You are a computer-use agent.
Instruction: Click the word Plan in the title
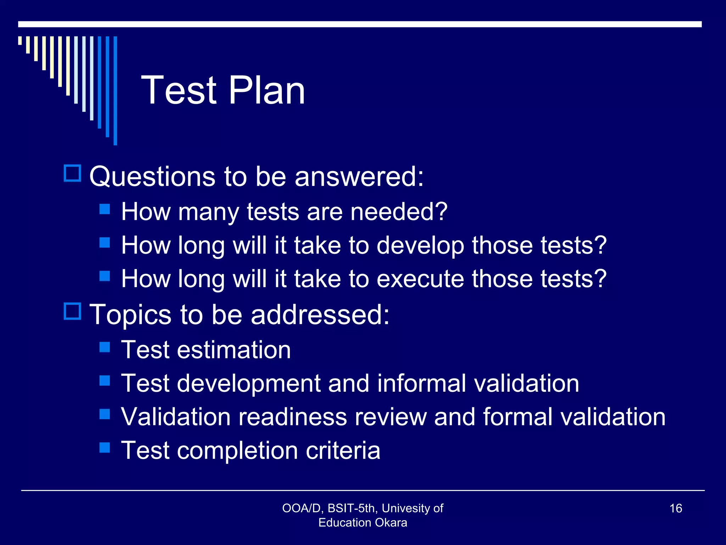click(x=267, y=90)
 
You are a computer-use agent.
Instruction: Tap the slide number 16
click(x=676, y=508)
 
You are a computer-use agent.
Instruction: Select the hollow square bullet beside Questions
click(x=73, y=173)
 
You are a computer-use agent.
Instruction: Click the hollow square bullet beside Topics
click(x=73, y=311)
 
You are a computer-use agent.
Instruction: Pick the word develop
click(x=420, y=246)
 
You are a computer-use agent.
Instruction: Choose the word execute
click(x=420, y=279)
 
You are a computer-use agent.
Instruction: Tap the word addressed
click(x=320, y=314)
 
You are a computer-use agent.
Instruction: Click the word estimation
click(x=234, y=350)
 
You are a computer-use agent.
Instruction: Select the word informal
click(x=421, y=383)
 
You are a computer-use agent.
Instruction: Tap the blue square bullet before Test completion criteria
click(x=105, y=447)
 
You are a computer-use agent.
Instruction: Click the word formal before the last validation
click(x=518, y=417)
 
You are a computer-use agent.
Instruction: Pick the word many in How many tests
click(x=208, y=212)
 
